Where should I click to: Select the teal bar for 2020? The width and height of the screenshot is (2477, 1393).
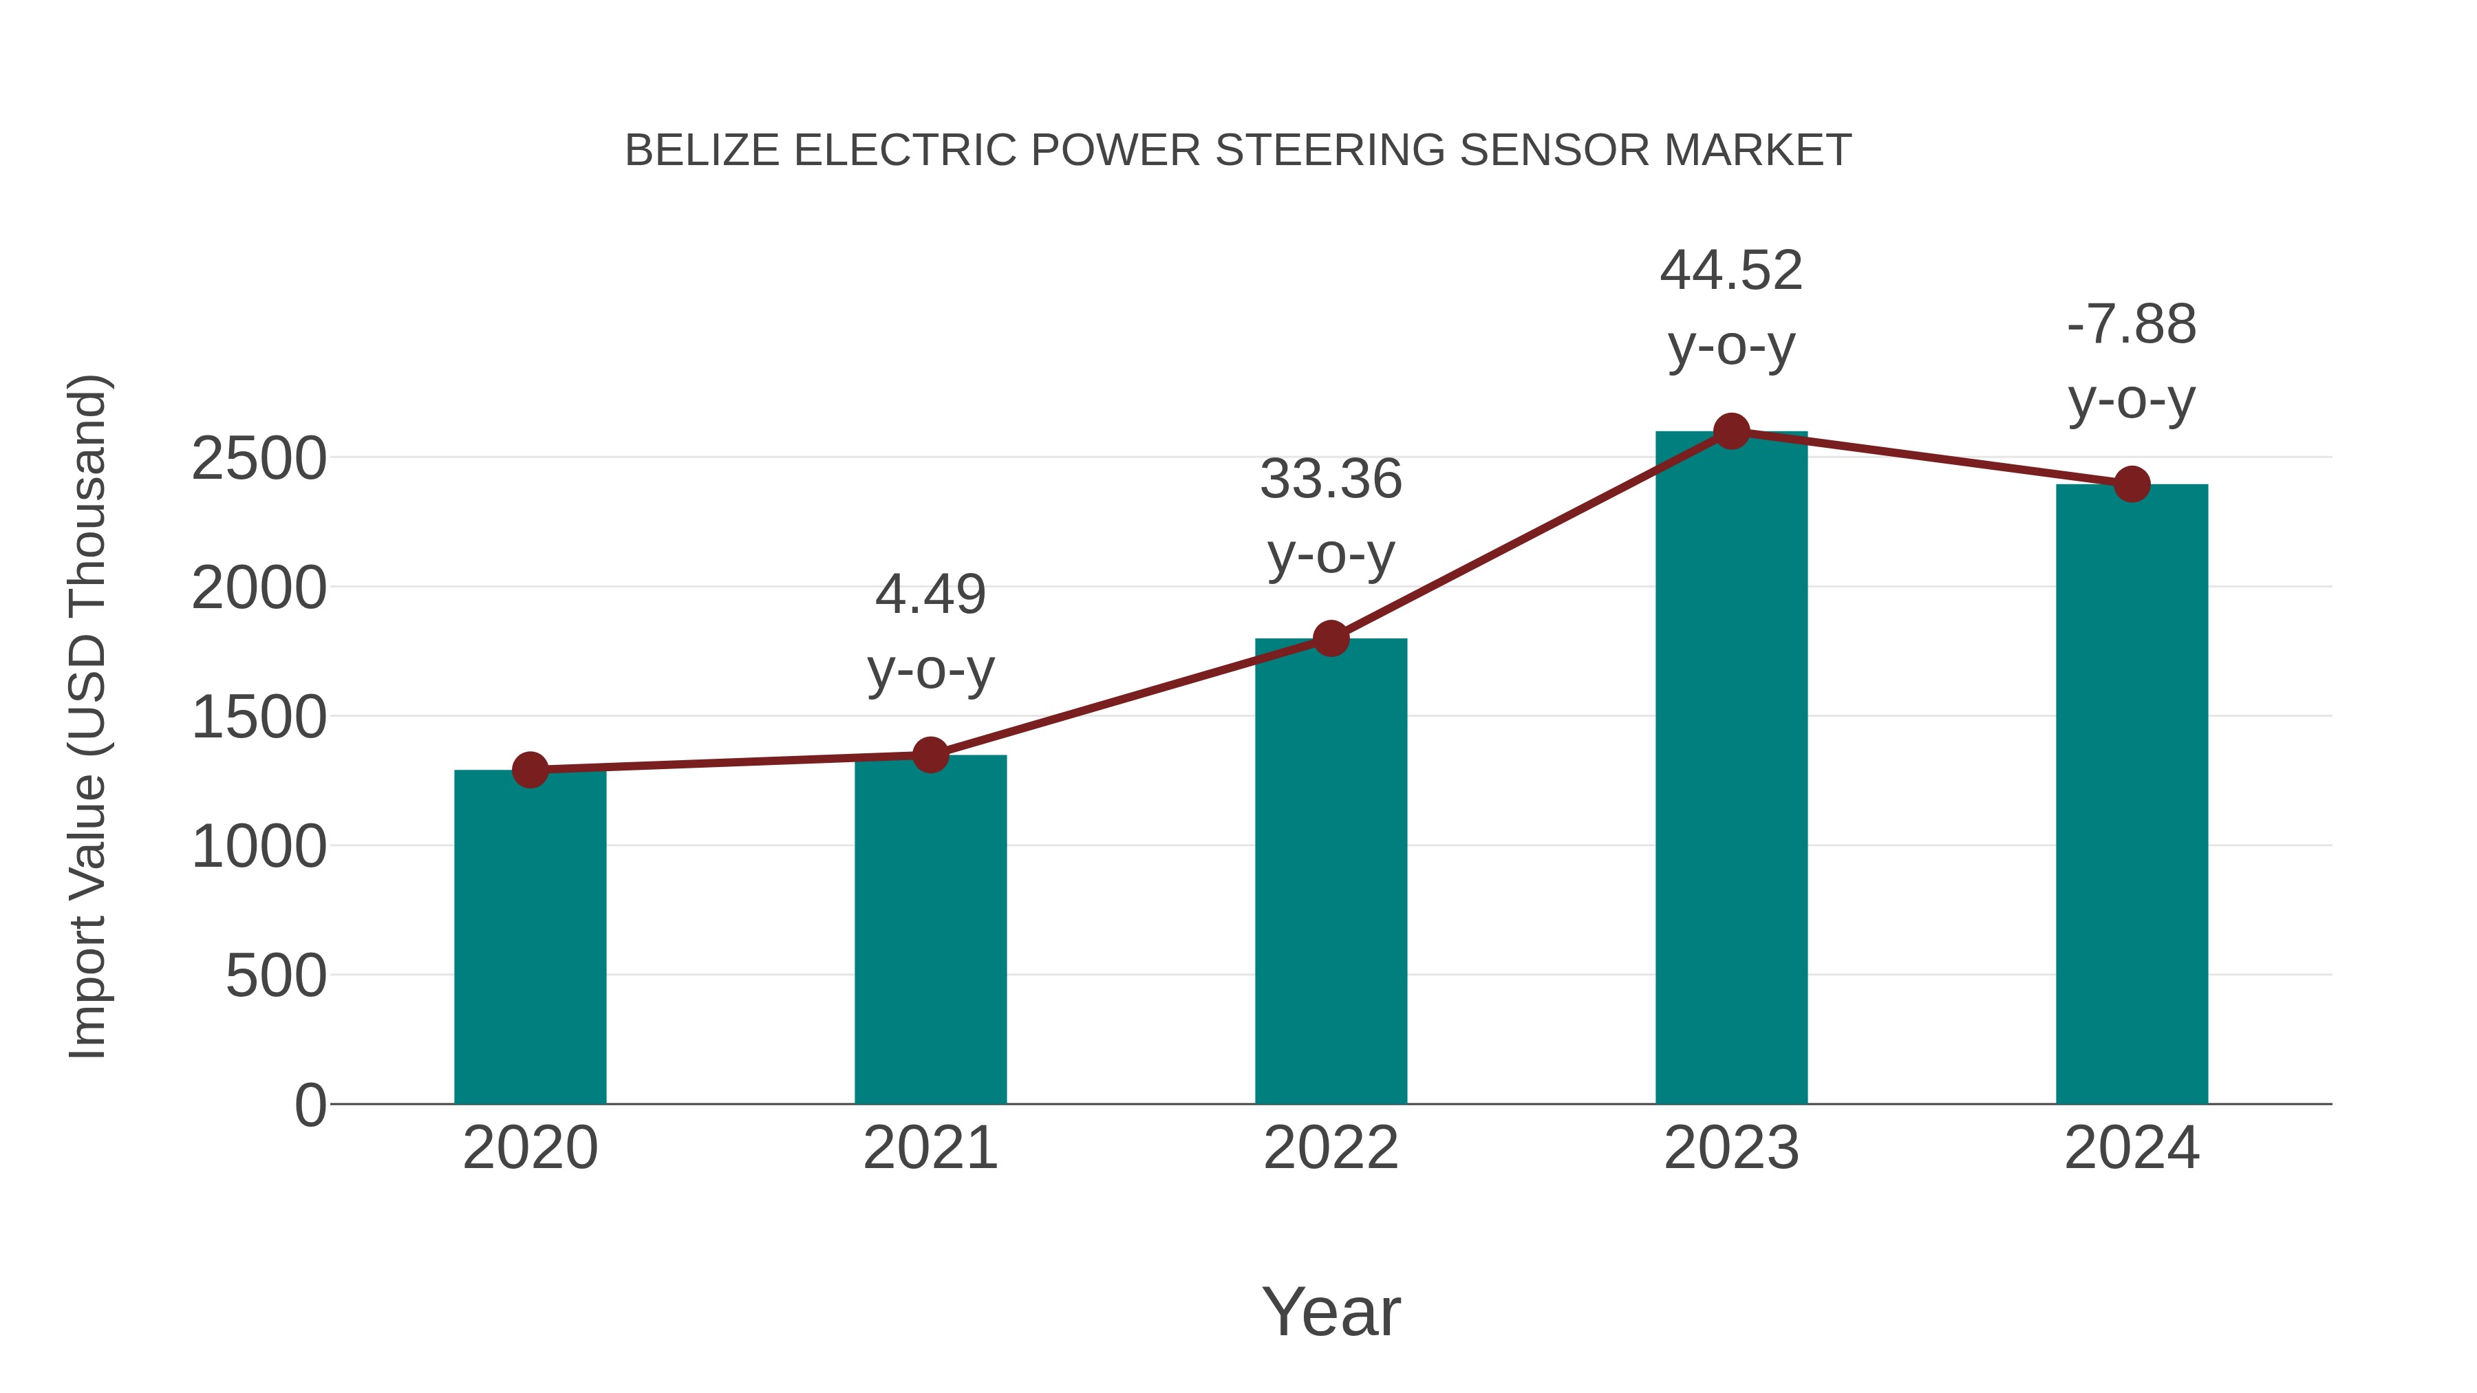click(530, 938)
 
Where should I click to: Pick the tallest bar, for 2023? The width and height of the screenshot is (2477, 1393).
click(1731, 768)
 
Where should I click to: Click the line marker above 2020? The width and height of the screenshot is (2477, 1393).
click(530, 769)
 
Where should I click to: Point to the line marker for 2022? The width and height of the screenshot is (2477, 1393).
click(1331, 638)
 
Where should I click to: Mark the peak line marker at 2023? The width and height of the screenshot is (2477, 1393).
click(1731, 431)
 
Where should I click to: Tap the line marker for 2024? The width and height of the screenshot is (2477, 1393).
click(2132, 484)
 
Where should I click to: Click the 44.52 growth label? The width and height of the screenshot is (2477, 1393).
click(1731, 271)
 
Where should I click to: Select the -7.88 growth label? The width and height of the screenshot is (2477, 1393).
click(2132, 325)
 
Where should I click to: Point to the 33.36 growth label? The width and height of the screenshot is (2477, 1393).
click(1331, 479)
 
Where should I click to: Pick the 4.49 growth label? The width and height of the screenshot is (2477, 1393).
click(930, 594)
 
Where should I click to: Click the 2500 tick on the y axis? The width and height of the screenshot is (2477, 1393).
click(259, 460)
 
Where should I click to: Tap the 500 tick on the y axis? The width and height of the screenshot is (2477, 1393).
click(276, 977)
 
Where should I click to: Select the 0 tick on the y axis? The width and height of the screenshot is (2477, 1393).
click(310, 1105)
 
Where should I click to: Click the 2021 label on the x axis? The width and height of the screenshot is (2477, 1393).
click(930, 1148)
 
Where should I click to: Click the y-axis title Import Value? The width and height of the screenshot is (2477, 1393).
click(87, 716)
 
